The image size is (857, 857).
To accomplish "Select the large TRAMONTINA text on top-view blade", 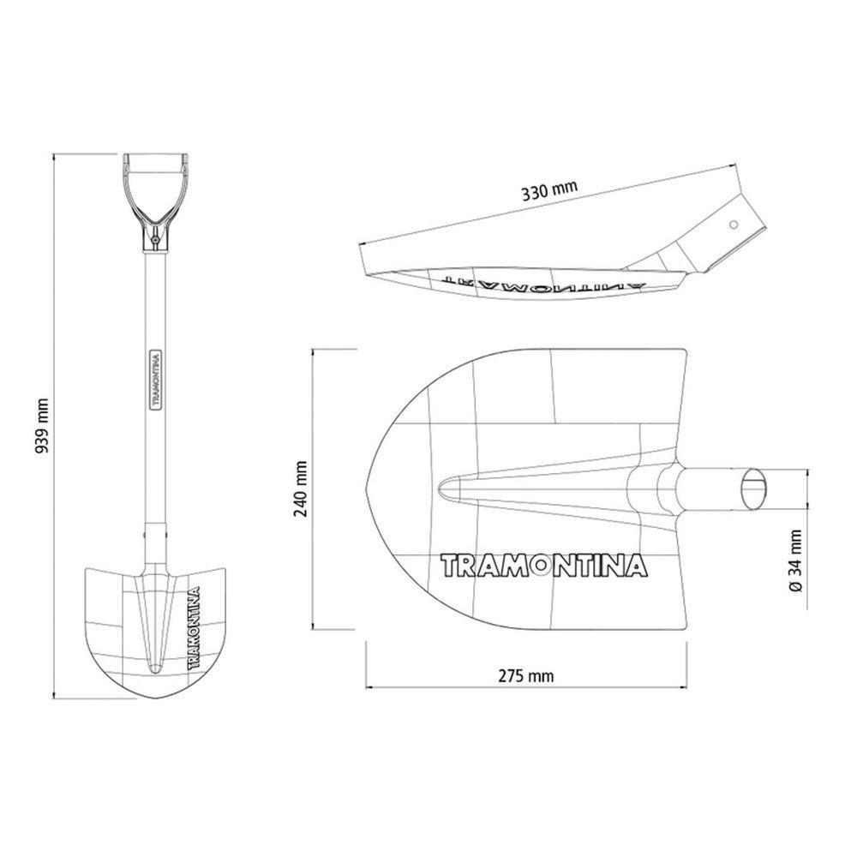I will click(x=543, y=566).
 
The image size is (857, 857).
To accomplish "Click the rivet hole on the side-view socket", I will click(x=734, y=225).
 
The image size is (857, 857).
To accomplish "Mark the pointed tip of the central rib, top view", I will click(x=440, y=488).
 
